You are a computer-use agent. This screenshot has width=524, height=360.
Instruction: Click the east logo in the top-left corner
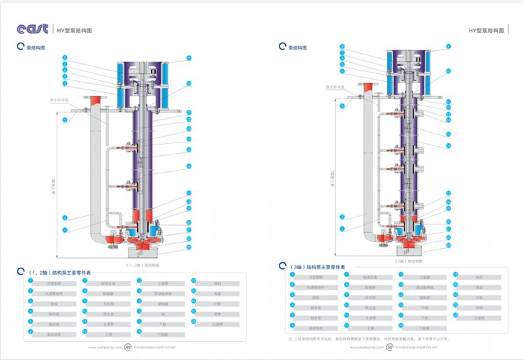point(33,29)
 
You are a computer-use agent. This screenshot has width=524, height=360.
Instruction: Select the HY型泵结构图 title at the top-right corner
point(486,31)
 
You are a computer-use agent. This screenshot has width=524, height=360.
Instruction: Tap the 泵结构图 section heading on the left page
point(36,48)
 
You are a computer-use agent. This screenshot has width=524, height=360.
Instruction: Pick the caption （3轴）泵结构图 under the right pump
point(408,260)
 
